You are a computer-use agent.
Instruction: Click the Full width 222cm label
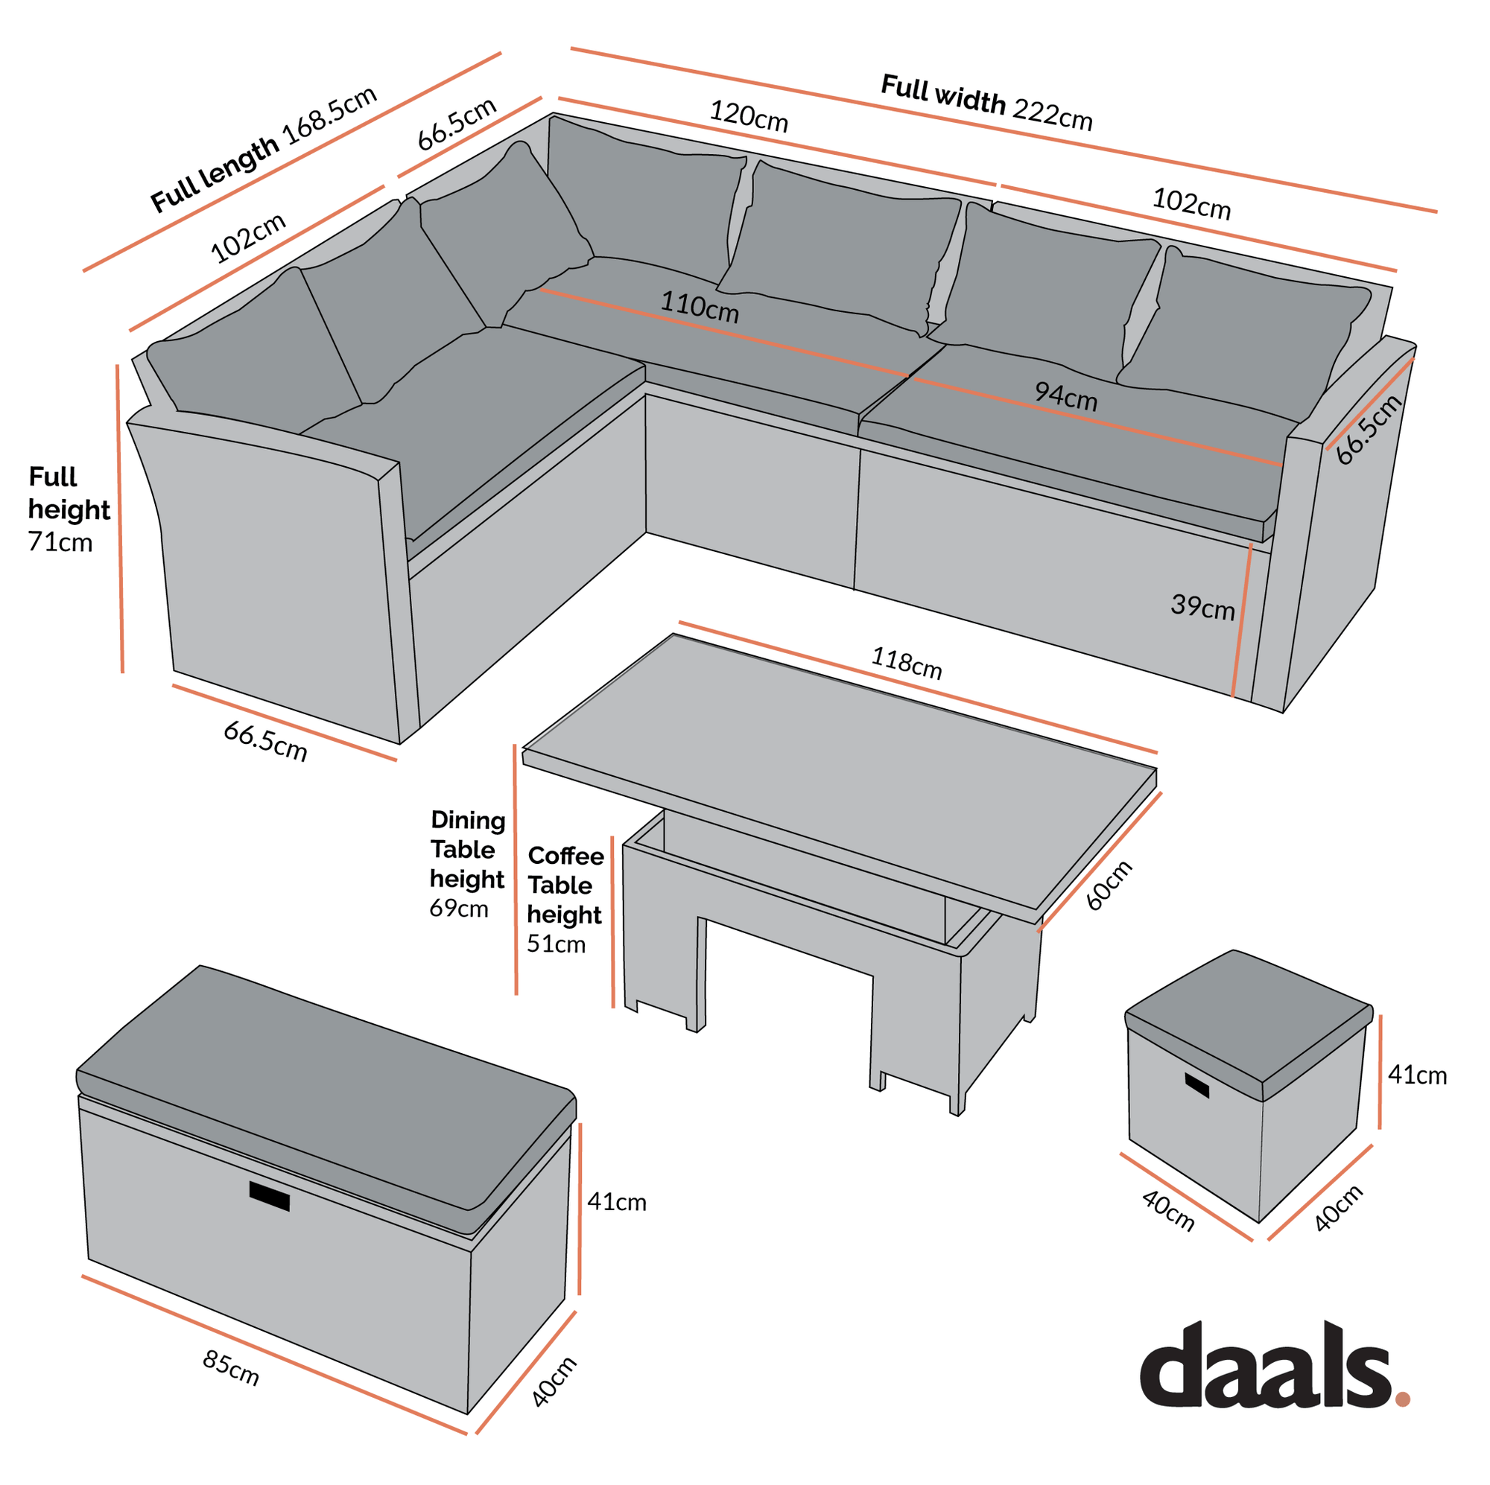[x=986, y=104]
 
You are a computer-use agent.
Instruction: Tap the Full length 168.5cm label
[x=264, y=149]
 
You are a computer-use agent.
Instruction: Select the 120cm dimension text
[x=748, y=116]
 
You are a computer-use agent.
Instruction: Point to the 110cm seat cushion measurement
[x=699, y=307]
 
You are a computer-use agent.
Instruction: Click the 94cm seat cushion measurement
[x=1065, y=396]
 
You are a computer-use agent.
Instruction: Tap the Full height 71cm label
[x=68, y=509]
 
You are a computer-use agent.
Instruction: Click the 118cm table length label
[x=906, y=663]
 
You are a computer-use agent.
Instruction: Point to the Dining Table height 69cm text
[x=467, y=864]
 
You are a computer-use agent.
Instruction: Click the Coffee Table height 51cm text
[x=565, y=899]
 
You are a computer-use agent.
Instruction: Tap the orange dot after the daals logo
[x=1402, y=1399]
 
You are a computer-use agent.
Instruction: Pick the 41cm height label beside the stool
[x=1417, y=1075]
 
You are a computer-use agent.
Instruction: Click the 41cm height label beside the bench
[x=616, y=1202]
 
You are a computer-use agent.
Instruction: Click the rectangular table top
[x=840, y=771]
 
